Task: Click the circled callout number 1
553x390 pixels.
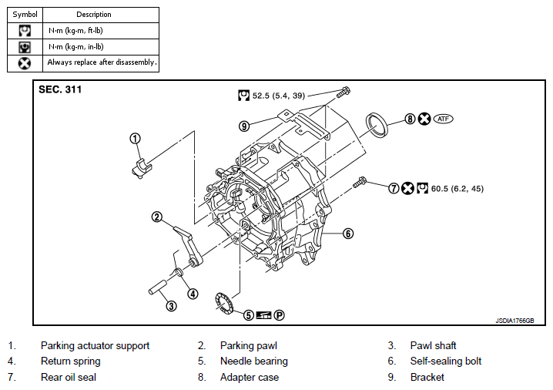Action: (135, 139)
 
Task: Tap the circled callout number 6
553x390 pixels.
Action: (348, 234)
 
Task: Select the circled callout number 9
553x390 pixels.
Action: (244, 126)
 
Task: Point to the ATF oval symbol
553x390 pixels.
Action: (443, 119)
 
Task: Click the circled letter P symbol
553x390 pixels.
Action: (279, 314)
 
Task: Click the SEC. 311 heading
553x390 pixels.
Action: (60, 89)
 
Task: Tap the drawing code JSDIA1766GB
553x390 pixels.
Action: (514, 321)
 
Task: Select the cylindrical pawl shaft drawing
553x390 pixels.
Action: (157, 287)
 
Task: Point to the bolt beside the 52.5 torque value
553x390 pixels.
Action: (343, 92)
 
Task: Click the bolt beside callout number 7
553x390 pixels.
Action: (360, 183)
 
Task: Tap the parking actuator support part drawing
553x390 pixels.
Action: (142, 168)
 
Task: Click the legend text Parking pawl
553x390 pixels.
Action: (249, 345)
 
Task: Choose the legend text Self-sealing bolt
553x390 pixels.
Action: (446, 361)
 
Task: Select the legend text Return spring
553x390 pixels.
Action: (71, 361)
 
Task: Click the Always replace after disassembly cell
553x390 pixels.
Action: (101, 63)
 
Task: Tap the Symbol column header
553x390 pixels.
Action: (25, 15)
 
